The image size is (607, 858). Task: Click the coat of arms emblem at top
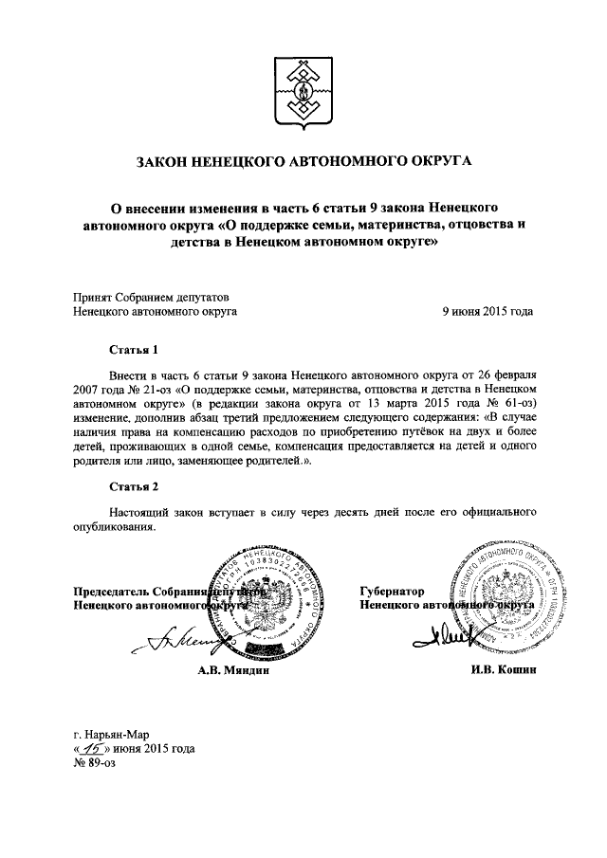coord(303,93)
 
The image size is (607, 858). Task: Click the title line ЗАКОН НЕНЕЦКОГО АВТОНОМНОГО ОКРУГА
coord(303,162)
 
